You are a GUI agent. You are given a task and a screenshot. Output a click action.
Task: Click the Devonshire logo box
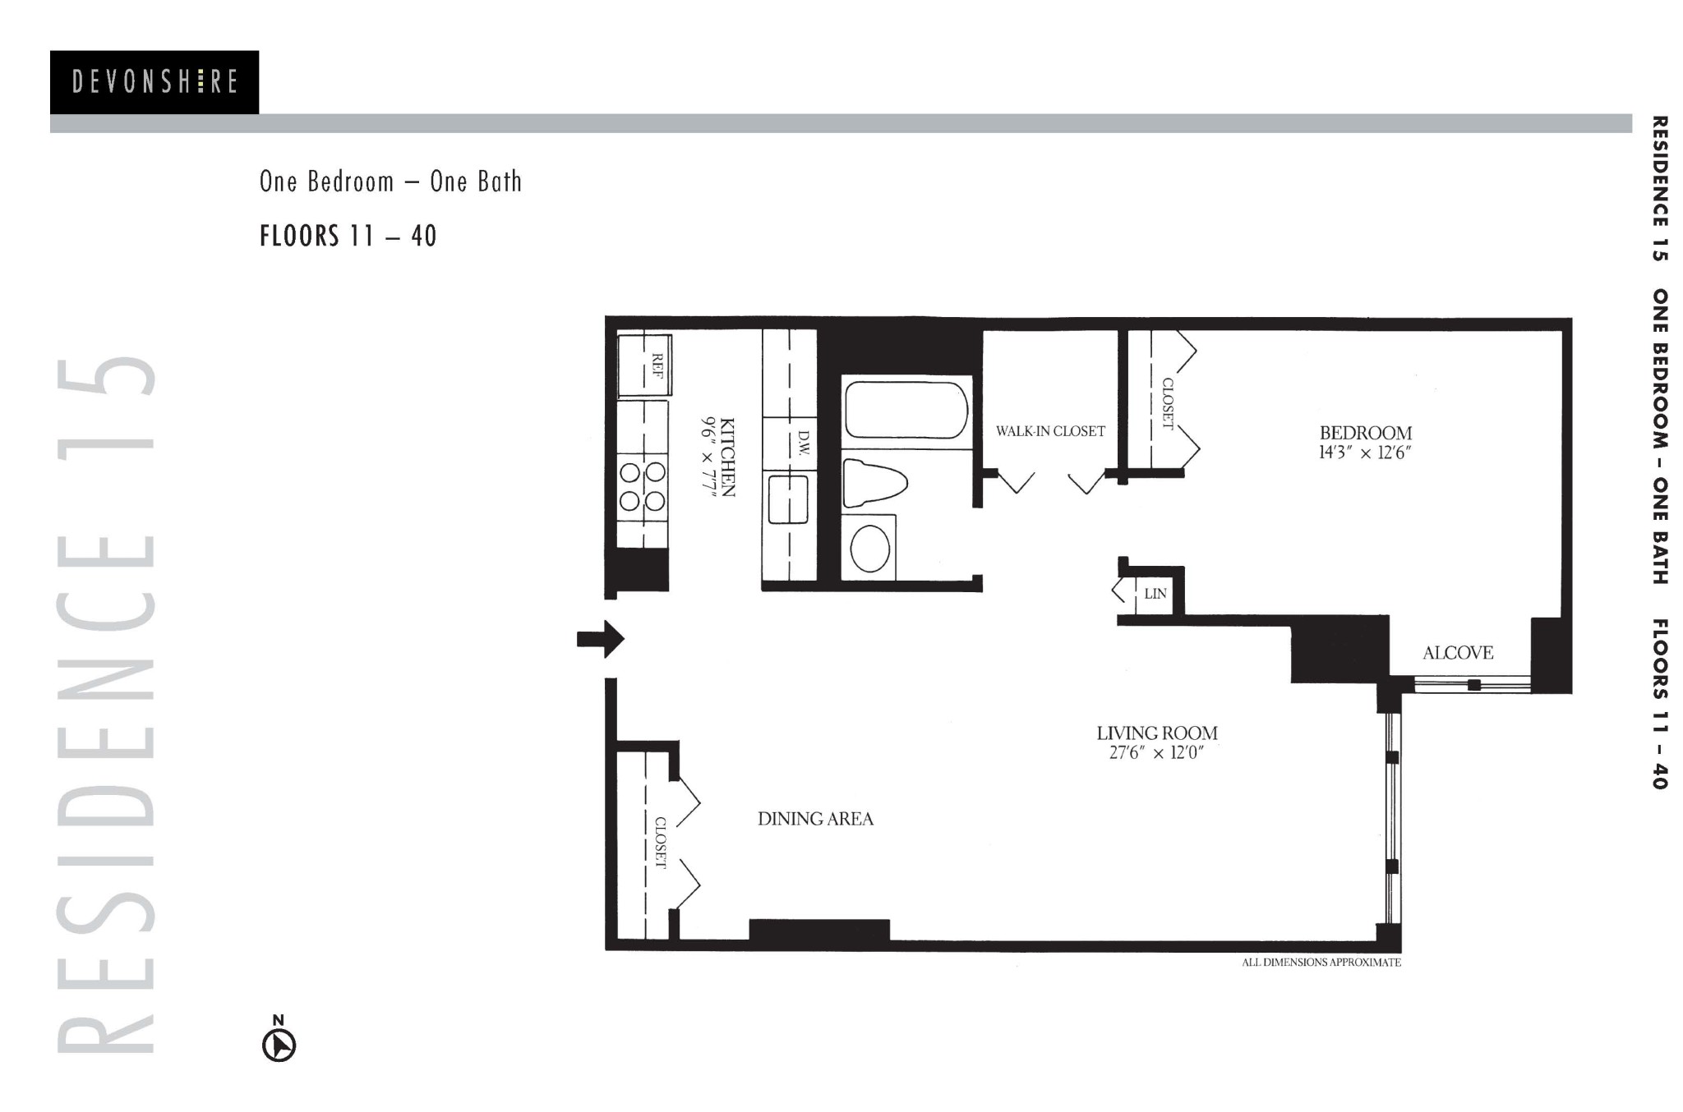coord(154,82)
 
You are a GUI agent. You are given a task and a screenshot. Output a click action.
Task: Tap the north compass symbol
coord(279,1045)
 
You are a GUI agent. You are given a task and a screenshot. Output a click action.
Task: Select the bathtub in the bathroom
coord(906,410)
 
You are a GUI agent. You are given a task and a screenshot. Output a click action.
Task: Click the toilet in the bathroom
coord(874,483)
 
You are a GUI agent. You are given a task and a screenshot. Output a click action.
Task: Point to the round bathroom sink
coord(869,549)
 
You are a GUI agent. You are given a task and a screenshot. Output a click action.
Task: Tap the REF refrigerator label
coord(657,365)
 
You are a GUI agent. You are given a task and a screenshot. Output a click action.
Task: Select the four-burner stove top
coord(643,486)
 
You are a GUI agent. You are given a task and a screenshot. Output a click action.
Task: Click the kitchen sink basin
coord(788,499)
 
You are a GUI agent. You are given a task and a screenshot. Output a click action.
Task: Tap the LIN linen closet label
coord(1155,594)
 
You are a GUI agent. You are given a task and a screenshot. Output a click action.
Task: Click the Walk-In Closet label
coord(1050,431)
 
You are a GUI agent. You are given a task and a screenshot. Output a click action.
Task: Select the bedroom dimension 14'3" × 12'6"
coord(1365,453)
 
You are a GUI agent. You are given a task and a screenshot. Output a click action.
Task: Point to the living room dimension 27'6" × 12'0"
coord(1156,753)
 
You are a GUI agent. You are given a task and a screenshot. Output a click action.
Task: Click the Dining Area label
coord(815,819)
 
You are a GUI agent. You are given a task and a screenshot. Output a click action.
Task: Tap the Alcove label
coord(1458,653)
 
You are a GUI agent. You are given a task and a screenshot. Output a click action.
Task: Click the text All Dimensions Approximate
coord(1321,963)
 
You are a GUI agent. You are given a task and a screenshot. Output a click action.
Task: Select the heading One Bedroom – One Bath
coord(390,182)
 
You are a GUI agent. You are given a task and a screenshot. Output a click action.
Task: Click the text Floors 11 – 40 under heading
coord(348,237)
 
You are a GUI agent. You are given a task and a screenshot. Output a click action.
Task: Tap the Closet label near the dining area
coord(660,843)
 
